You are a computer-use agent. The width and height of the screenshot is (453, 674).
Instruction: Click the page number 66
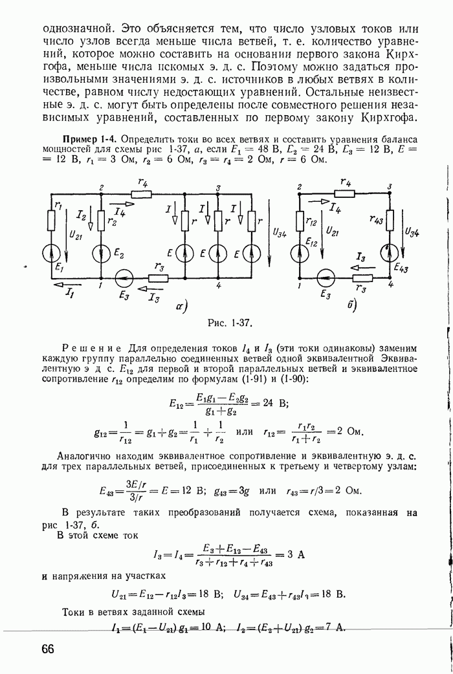[x=48, y=649]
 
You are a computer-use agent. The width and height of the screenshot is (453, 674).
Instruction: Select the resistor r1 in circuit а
[x=51, y=221]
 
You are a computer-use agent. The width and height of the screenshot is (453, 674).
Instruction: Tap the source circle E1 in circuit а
[x=51, y=254]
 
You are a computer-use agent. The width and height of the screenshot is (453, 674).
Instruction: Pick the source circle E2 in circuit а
[x=102, y=254]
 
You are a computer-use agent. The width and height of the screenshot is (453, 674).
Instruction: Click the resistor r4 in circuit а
[x=142, y=194]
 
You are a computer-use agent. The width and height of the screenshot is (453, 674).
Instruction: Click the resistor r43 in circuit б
[x=390, y=220]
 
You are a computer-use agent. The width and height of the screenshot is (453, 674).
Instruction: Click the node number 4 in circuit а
[x=219, y=285]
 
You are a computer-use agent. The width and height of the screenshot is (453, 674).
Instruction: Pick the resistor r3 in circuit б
[x=361, y=279]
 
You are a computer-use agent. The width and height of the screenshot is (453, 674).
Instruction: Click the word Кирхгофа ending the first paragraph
[x=390, y=118]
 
